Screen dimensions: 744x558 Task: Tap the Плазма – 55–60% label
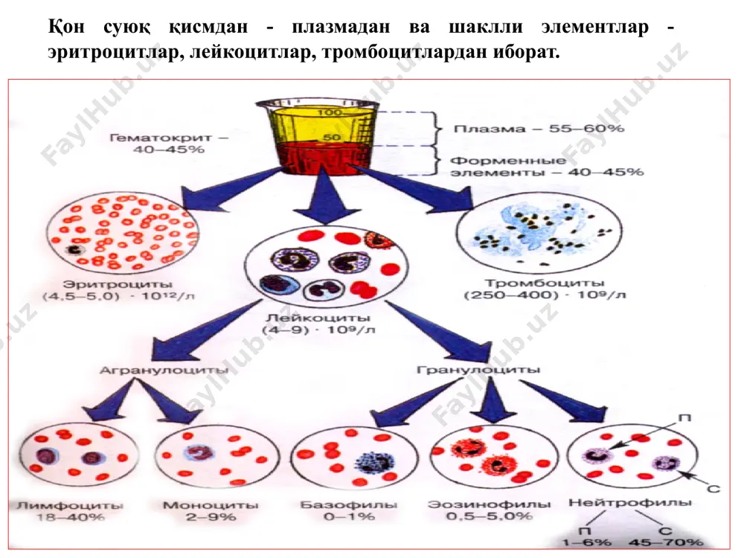tap(539, 129)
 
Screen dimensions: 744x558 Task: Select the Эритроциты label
tap(118, 284)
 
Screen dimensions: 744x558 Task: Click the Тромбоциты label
tap(545, 283)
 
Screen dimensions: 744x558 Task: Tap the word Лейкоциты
tap(318, 318)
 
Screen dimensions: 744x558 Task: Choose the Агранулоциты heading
tap(164, 370)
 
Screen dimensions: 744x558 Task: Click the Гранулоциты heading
tap(478, 369)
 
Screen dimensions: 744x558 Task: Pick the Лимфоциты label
tap(70, 505)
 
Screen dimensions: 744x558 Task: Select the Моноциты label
tap(211, 505)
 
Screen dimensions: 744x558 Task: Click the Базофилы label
tap(349, 504)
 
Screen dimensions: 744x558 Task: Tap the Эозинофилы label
tap(490, 504)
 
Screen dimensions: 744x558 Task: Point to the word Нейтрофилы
tap(630, 502)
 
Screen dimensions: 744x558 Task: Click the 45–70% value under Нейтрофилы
tap(666, 542)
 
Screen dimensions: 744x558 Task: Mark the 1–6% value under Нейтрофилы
tap(586, 542)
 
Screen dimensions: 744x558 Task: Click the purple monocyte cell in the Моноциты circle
tap(199, 452)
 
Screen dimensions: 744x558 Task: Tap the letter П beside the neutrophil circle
tap(684, 418)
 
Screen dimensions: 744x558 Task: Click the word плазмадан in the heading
tap(341, 27)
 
